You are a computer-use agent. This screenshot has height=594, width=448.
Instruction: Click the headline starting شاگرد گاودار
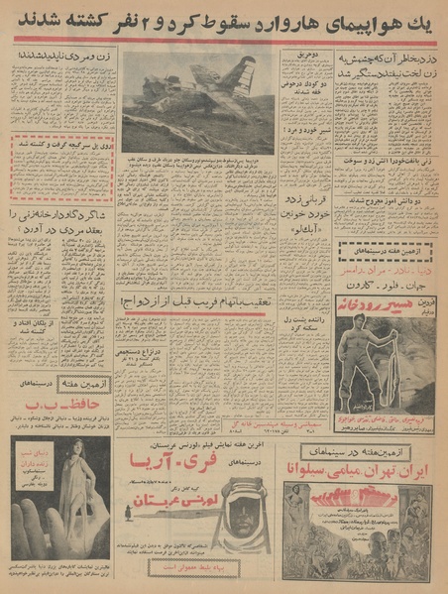[x=63, y=216]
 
